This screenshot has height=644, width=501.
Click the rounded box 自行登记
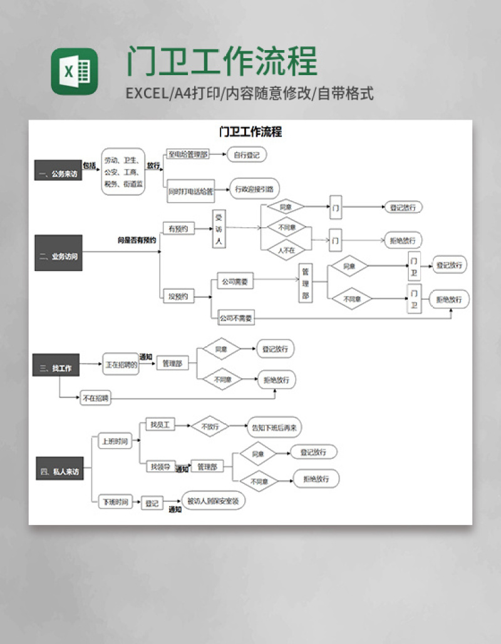pos(246,155)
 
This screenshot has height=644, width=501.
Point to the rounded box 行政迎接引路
pos(254,189)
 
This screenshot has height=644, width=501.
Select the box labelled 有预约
pos(178,228)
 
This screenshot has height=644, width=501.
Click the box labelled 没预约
pos(178,296)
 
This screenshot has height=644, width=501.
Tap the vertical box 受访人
pos(219,228)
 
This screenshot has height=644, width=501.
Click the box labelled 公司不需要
pos(236,319)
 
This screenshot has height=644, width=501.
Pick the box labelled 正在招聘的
pos(121,364)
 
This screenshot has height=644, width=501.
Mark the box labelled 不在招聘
pos(95,398)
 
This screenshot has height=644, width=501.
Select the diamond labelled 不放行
pos(210,427)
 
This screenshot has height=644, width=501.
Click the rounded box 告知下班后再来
pos(274,427)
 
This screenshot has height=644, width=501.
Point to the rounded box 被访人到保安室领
pos(214,501)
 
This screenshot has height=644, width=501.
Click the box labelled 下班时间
pos(116,501)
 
